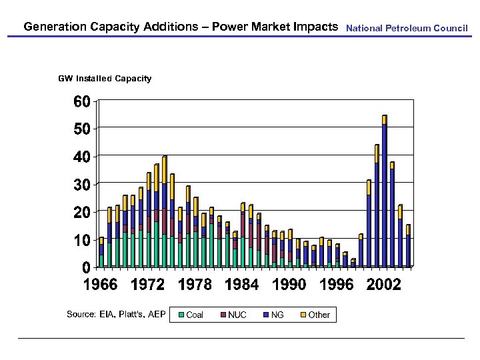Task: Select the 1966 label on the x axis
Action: point(100,285)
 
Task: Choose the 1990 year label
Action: point(289,285)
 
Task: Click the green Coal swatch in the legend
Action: point(180,314)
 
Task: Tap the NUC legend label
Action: point(237,315)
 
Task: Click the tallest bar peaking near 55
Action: point(384,193)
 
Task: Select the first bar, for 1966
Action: point(101,253)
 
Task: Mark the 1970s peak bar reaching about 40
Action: point(164,213)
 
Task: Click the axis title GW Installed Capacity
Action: point(105,79)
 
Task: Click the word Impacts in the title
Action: point(316,27)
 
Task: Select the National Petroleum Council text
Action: point(407,29)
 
